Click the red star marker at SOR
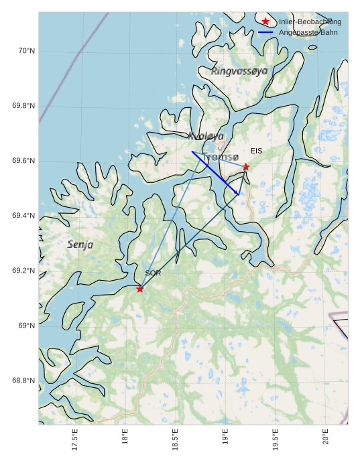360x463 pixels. click(x=139, y=289)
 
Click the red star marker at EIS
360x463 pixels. click(x=246, y=167)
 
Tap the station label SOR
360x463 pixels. click(x=153, y=273)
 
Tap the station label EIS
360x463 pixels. click(x=256, y=151)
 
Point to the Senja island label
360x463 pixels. click(x=80, y=245)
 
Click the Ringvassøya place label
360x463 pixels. click(x=239, y=70)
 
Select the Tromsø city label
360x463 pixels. click(x=220, y=157)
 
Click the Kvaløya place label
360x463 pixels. click(x=206, y=136)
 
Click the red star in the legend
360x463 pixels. click(x=265, y=21)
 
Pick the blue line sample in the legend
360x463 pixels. click(x=265, y=32)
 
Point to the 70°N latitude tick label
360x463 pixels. click(x=26, y=52)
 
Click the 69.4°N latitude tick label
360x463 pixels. click(x=24, y=216)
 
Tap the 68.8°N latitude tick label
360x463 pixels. click(x=24, y=381)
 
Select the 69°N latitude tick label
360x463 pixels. click(x=26, y=326)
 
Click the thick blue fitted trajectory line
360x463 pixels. click(x=215, y=173)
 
